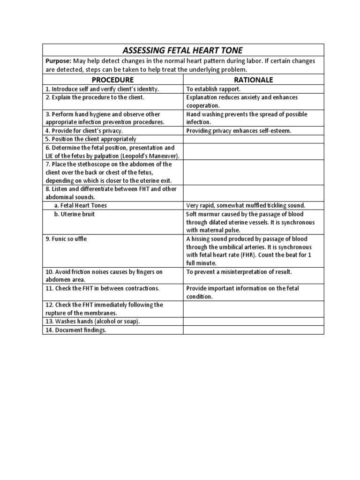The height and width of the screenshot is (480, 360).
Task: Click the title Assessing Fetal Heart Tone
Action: [183, 50]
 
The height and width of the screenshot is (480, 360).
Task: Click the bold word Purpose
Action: [57, 61]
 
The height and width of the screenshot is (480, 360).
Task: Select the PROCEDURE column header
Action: [112, 79]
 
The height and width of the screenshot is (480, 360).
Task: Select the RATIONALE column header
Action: [253, 79]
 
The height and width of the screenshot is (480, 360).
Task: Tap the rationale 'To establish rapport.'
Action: [214, 89]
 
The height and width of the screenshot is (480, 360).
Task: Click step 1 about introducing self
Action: [102, 89]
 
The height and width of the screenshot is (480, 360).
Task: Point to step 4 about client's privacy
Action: [84, 131]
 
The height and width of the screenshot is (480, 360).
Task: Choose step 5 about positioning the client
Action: [91, 139]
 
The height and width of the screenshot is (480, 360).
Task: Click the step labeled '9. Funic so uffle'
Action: [66, 239]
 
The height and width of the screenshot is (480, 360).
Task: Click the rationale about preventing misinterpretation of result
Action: [239, 271]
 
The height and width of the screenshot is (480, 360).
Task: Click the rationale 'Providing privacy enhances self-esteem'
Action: [239, 131]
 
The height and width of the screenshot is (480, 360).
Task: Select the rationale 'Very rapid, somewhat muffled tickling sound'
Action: [246, 205]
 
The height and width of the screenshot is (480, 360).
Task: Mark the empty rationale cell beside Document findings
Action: [253, 330]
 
